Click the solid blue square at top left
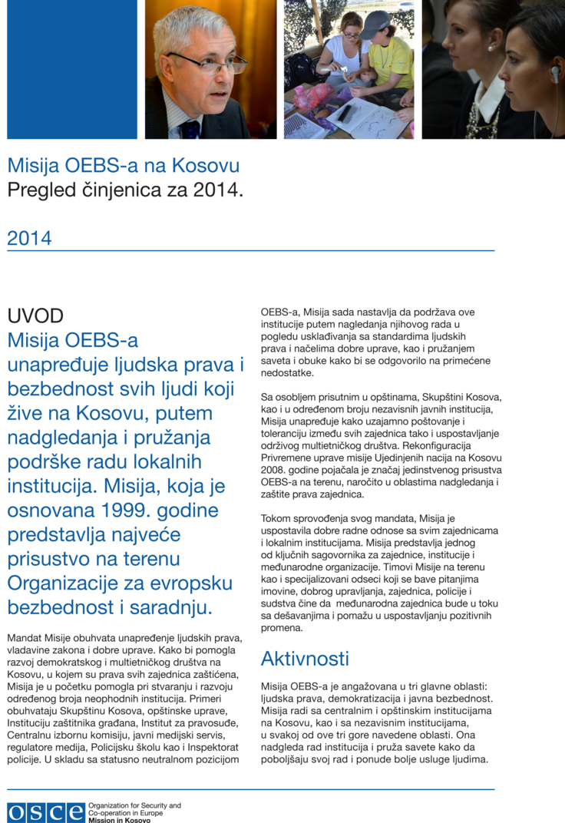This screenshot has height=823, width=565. point(71,69)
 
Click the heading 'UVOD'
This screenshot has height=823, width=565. point(35,316)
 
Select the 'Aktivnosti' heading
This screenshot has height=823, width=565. point(305,658)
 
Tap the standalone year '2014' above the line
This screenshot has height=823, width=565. point(30,239)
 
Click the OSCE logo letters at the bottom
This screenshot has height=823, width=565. point(46,812)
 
